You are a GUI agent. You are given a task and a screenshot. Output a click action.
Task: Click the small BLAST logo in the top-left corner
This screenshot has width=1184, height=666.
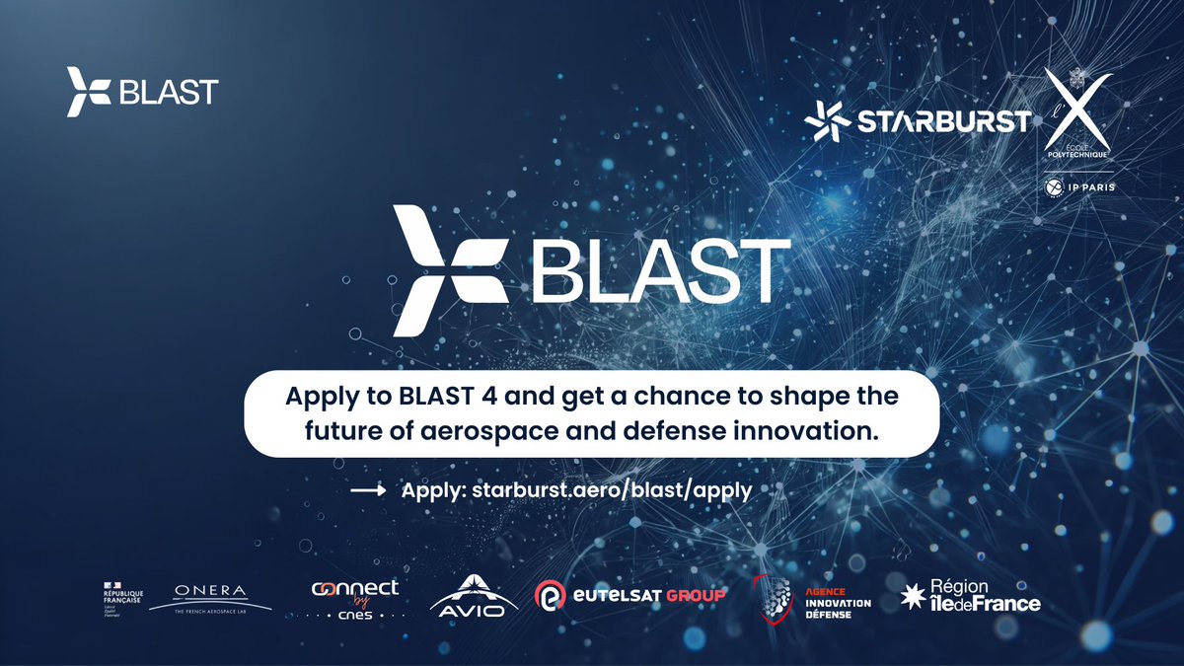click(x=142, y=92)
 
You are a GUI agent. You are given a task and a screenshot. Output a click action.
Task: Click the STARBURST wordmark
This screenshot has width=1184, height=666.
click(x=941, y=121)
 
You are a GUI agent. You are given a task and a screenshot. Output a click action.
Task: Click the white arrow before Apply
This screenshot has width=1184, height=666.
click(x=367, y=490)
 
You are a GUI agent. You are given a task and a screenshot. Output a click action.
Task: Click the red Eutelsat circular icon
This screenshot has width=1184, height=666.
click(x=550, y=596)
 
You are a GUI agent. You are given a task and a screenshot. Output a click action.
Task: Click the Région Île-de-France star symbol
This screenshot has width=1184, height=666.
click(x=915, y=596)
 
